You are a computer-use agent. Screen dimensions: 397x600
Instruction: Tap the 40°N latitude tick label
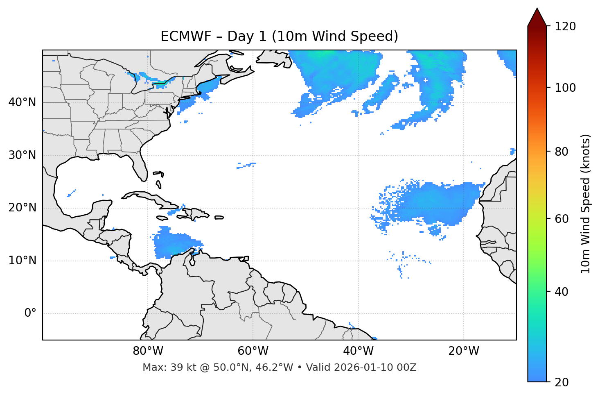[x=22, y=102]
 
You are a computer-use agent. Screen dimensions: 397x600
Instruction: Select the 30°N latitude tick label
[x=22, y=155]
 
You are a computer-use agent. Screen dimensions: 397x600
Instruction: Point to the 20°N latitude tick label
[x=22, y=208]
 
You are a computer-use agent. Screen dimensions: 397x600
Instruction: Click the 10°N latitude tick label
[x=22, y=261]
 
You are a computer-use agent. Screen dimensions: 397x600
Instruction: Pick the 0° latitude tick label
[x=30, y=313]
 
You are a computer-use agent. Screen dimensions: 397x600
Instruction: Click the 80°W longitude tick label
[x=148, y=351]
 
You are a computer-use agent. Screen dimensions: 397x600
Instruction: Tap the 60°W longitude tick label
[x=253, y=351]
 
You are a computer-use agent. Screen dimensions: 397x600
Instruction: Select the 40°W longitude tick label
[x=358, y=351]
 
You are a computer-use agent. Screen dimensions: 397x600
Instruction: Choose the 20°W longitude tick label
[x=463, y=351]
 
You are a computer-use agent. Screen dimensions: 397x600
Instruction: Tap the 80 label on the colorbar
[x=562, y=152]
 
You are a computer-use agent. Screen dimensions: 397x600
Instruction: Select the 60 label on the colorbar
[x=562, y=219]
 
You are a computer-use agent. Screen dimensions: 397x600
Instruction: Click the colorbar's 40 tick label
[x=562, y=292]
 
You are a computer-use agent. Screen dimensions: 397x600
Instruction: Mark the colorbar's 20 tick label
[x=562, y=382]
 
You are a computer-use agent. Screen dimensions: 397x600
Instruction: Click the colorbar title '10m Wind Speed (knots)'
[x=586, y=204]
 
